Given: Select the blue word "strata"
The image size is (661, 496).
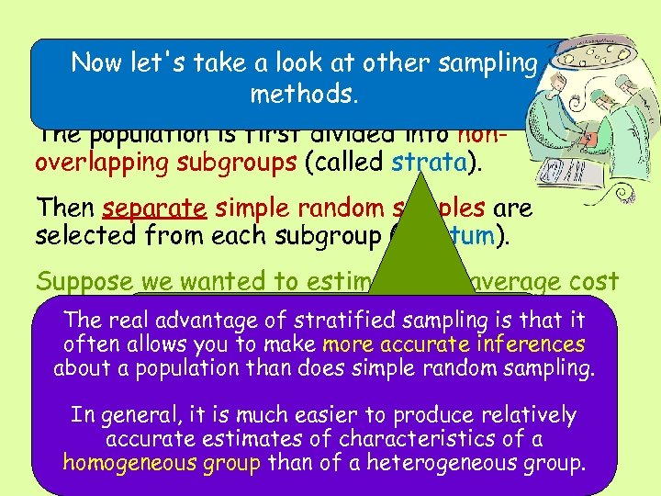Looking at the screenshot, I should [x=425, y=163].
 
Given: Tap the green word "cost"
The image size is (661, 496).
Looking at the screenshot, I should [x=593, y=282].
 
